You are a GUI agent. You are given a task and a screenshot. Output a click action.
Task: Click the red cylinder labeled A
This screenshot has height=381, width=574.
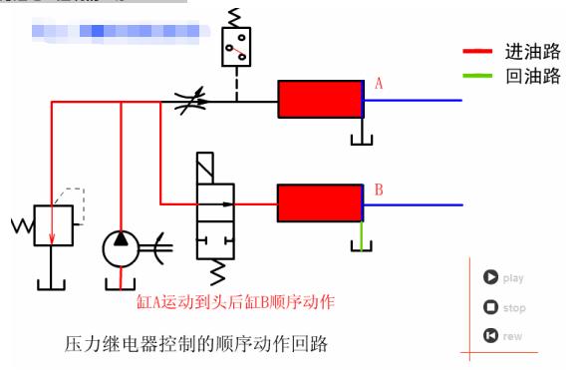tap(320, 100)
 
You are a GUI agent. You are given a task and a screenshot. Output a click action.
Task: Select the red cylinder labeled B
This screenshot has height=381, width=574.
tap(320, 204)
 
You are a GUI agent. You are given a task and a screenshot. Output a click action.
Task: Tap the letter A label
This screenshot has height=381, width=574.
tap(379, 85)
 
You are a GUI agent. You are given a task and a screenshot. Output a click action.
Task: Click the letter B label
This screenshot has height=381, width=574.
tap(379, 189)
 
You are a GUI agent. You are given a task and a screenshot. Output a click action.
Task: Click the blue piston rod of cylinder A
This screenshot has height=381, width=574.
tap(414, 100)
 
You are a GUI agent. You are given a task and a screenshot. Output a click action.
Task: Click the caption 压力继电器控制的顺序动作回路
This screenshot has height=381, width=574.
tap(195, 345)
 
